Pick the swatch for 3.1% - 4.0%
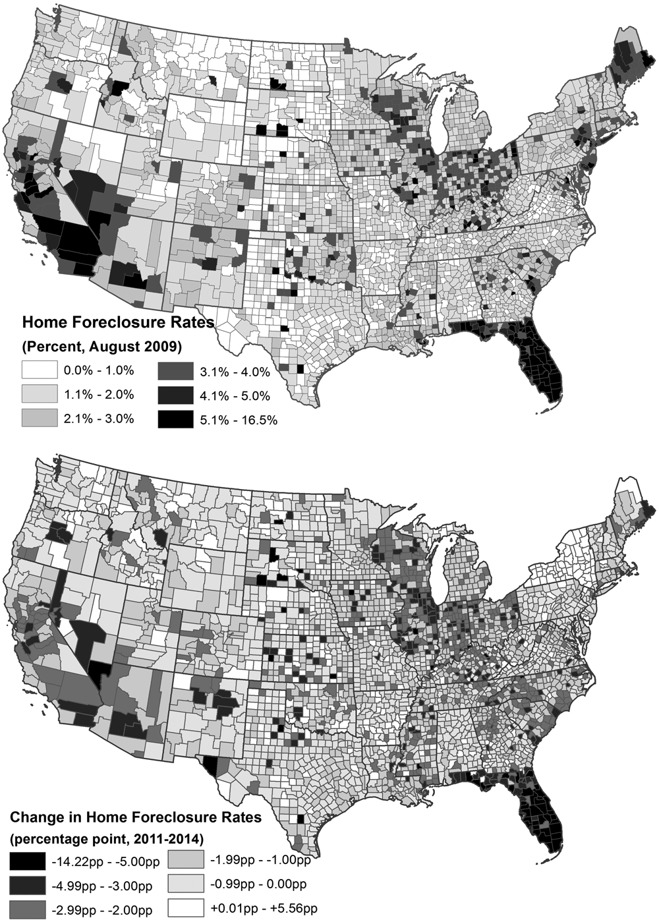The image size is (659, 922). pyautogui.click(x=177, y=372)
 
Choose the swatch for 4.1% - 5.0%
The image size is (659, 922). pyautogui.click(x=177, y=396)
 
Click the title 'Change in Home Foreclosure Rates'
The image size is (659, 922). pyautogui.click(x=135, y=818)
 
